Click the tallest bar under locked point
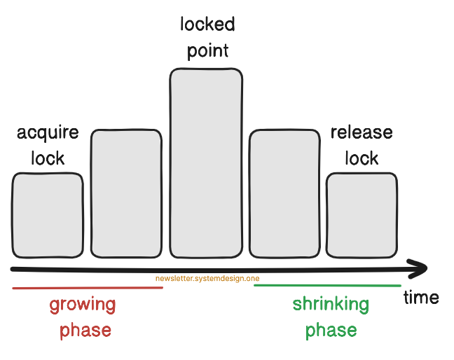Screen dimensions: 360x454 tap(206, 162)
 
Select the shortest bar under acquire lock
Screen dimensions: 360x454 tap(47, 214)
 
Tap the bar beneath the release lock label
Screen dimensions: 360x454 tap(362, 214)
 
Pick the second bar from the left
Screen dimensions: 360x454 tap(126, 193)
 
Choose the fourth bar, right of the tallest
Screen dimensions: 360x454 tap(284, 193)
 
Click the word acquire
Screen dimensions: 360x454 tap(48, 133)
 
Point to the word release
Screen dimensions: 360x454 tap(362, 133)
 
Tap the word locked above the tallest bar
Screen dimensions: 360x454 tap(207, 25)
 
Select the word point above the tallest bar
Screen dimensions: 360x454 tap(207, 51)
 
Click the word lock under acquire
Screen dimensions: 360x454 tap(48, 158)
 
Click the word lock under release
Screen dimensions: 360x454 tap(362, 158)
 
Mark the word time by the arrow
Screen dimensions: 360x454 tap(421, 298)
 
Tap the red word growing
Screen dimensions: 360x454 tap(83, 305)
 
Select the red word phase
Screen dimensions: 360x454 tap(85, 330)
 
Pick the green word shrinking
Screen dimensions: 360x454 tap(331, 305)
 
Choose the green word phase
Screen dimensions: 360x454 tap(331, 330)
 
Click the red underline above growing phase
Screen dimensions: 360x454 tap(88, 288)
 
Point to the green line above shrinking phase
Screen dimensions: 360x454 tap(327, 286)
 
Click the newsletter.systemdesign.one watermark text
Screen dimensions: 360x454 tap(207, 279)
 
